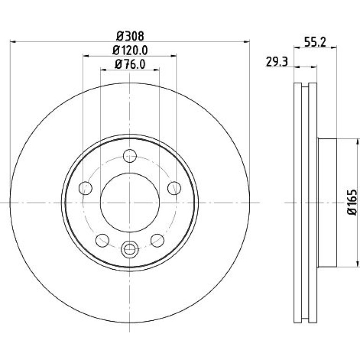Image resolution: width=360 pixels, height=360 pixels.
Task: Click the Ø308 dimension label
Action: [130, 36]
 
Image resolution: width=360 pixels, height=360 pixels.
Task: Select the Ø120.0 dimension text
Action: [130, 50]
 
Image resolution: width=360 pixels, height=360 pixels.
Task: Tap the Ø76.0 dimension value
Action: [130, 65]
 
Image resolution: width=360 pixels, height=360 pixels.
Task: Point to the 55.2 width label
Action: [315, 42]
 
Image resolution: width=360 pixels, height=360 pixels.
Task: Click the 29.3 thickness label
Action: [277, 62]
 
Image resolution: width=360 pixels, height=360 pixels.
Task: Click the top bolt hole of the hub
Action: [130, 156]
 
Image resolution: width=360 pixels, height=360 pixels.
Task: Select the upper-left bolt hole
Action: [86, 188]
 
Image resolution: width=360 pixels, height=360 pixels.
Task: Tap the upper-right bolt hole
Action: [174, 188]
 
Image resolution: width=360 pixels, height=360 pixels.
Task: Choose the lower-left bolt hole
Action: [102, 240]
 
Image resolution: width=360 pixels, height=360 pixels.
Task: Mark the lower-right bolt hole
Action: [158, 240]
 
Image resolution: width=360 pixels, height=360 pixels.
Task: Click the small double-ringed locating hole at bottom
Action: [130, 249]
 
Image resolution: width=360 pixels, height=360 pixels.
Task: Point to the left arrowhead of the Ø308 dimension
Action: [13, 42]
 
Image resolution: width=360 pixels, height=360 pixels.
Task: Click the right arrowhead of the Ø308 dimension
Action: [246, 42]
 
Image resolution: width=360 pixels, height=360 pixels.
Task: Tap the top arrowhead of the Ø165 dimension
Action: [358, 142]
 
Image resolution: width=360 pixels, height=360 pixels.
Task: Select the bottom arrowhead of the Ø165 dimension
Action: [358, 264]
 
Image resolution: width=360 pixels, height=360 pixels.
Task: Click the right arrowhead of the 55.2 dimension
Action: [334, 48]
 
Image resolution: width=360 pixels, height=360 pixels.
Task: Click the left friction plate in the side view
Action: [298, 203]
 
